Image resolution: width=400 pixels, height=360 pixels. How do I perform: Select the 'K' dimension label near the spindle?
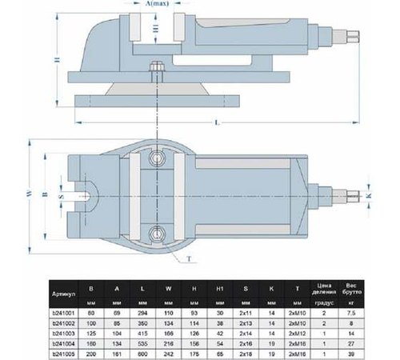click(369, 194)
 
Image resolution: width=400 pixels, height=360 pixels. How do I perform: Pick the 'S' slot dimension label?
click(46, 193)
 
